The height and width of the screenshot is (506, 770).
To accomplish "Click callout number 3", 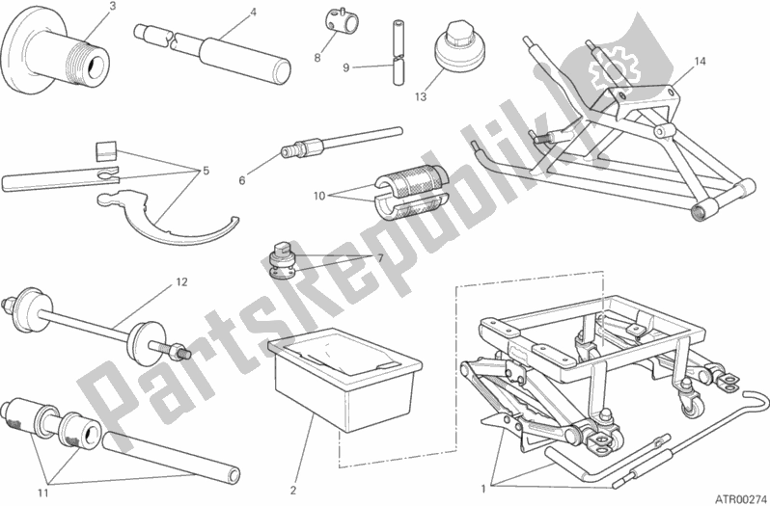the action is pos(113,7).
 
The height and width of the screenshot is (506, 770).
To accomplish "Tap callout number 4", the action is pos(254,13).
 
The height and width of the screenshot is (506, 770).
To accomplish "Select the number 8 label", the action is pos(317,58).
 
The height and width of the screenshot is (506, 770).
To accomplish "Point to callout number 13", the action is pos(421,96).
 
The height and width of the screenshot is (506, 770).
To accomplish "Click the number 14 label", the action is pos(700,62).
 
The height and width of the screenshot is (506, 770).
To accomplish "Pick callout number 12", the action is pos(182,282).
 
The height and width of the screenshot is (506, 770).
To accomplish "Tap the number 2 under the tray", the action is pos(293,490).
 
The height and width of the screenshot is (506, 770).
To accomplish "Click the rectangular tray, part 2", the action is pos(344,379).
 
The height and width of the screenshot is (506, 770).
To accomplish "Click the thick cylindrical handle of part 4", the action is pos(244,64).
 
